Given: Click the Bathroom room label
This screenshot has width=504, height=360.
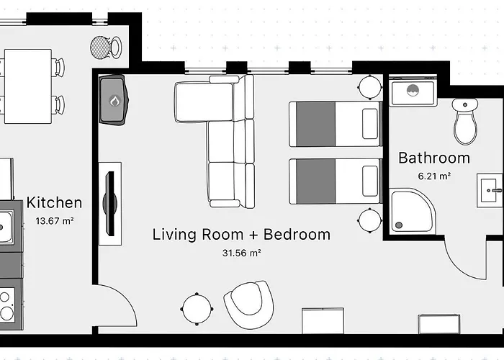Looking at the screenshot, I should click(434, 158).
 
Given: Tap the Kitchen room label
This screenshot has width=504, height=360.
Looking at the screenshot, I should click(55, 203).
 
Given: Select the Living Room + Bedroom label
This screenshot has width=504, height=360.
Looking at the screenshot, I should click(241, 234).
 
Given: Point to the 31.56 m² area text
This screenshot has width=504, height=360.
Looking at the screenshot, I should click(241, 253).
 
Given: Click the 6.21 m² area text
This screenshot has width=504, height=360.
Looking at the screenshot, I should click(434, 175).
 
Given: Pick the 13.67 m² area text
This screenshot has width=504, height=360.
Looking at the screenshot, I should click(55, 220).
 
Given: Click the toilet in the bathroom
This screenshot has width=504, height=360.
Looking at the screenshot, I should click(466, 121).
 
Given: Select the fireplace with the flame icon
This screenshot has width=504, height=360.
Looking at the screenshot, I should click(114, 99).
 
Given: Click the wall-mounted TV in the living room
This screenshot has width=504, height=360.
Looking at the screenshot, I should click(109, 203).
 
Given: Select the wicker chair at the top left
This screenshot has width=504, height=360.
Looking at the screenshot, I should click(102, 48).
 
